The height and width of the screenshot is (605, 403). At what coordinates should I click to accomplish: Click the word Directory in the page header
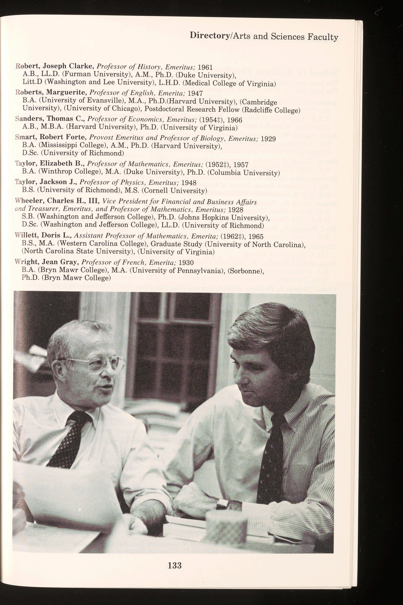click(x=209, y=36)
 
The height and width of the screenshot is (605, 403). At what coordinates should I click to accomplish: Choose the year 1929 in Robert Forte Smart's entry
click(x=268, y=139)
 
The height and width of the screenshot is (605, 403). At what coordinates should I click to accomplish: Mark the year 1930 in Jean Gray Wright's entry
click(x=186, y=263)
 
